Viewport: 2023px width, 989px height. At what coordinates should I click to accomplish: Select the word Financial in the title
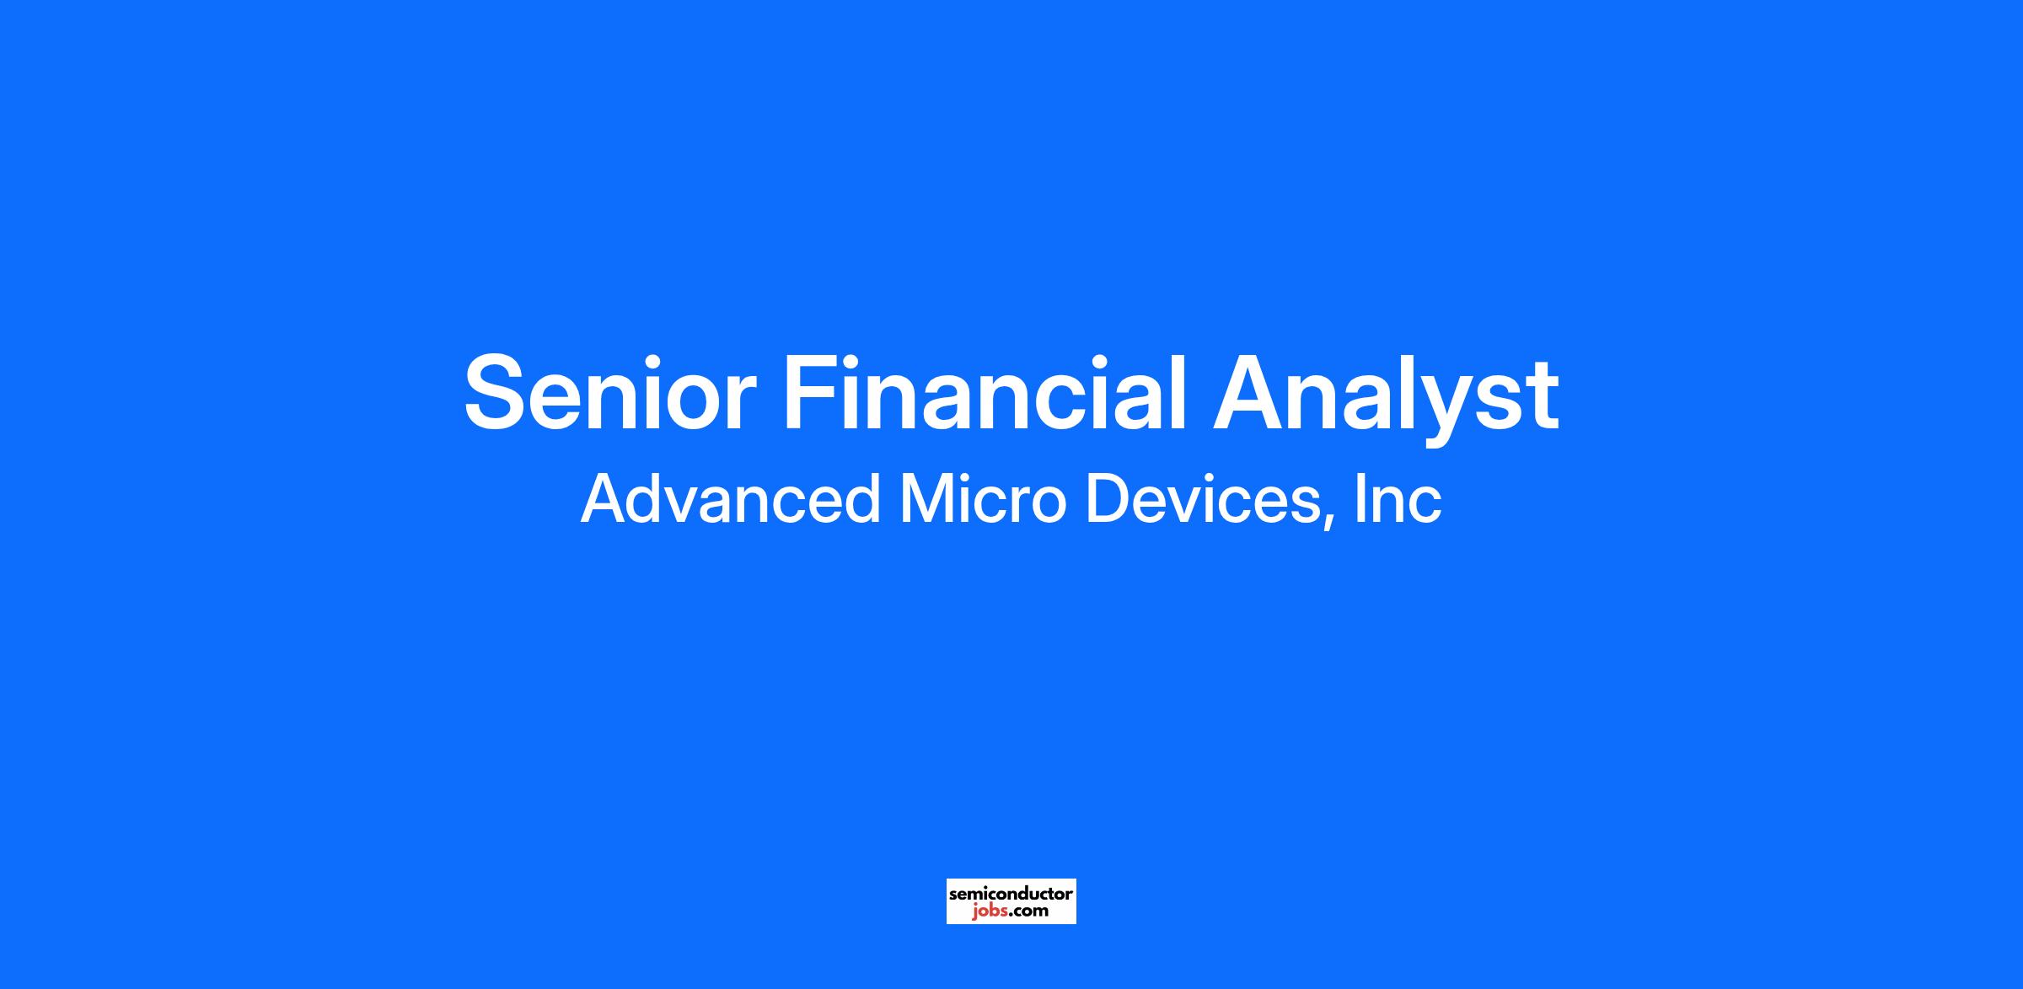click(985, 393)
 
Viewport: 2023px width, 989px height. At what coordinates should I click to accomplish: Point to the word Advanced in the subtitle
click(730, 499)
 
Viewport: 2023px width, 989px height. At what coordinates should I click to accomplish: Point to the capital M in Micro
click(928, 499)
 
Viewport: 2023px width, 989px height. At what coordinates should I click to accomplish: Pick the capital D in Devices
click(1108, 499)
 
